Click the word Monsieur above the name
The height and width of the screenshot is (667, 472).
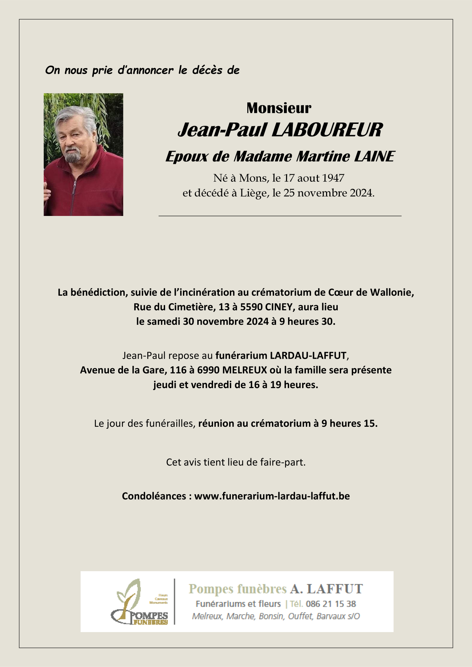point(279,108)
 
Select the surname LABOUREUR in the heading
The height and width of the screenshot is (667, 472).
point(327,130)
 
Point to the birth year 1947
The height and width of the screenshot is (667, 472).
point(333,178)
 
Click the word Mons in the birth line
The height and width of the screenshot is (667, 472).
point(252,178)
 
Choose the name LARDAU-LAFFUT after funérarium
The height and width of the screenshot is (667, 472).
point(308,356)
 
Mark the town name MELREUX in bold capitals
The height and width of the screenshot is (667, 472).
point(245,370)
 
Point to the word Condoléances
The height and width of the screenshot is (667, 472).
point(154,496)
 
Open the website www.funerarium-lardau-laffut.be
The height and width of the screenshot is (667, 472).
point(272,496)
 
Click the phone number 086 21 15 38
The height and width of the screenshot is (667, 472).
point(331,604)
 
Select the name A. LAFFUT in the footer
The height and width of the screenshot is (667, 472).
point(326,589)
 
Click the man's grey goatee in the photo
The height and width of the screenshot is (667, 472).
point(72,156)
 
